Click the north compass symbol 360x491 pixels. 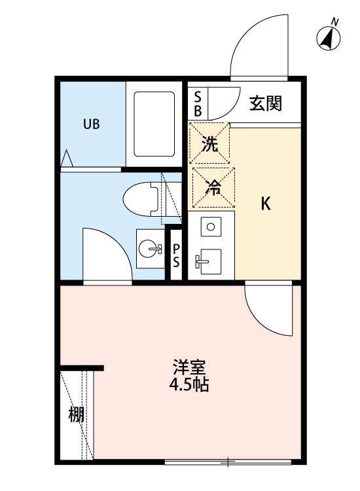click(x=329, y=38)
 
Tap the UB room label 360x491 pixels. click(x=91, y=124)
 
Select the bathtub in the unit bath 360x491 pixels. click(x=154, y=124)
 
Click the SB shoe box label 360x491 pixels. click(x=198, y=103)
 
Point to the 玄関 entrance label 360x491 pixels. click(x=266, y=103)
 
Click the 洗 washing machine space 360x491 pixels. click(x=209, y=143)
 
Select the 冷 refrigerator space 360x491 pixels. click(x=211, y=186)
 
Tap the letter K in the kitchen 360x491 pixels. click(x=265, y=204)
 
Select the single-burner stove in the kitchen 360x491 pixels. click(x=211, y=227)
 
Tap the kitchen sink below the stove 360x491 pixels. click(x=211, y=264)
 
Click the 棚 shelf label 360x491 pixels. click(x=77, y=414)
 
